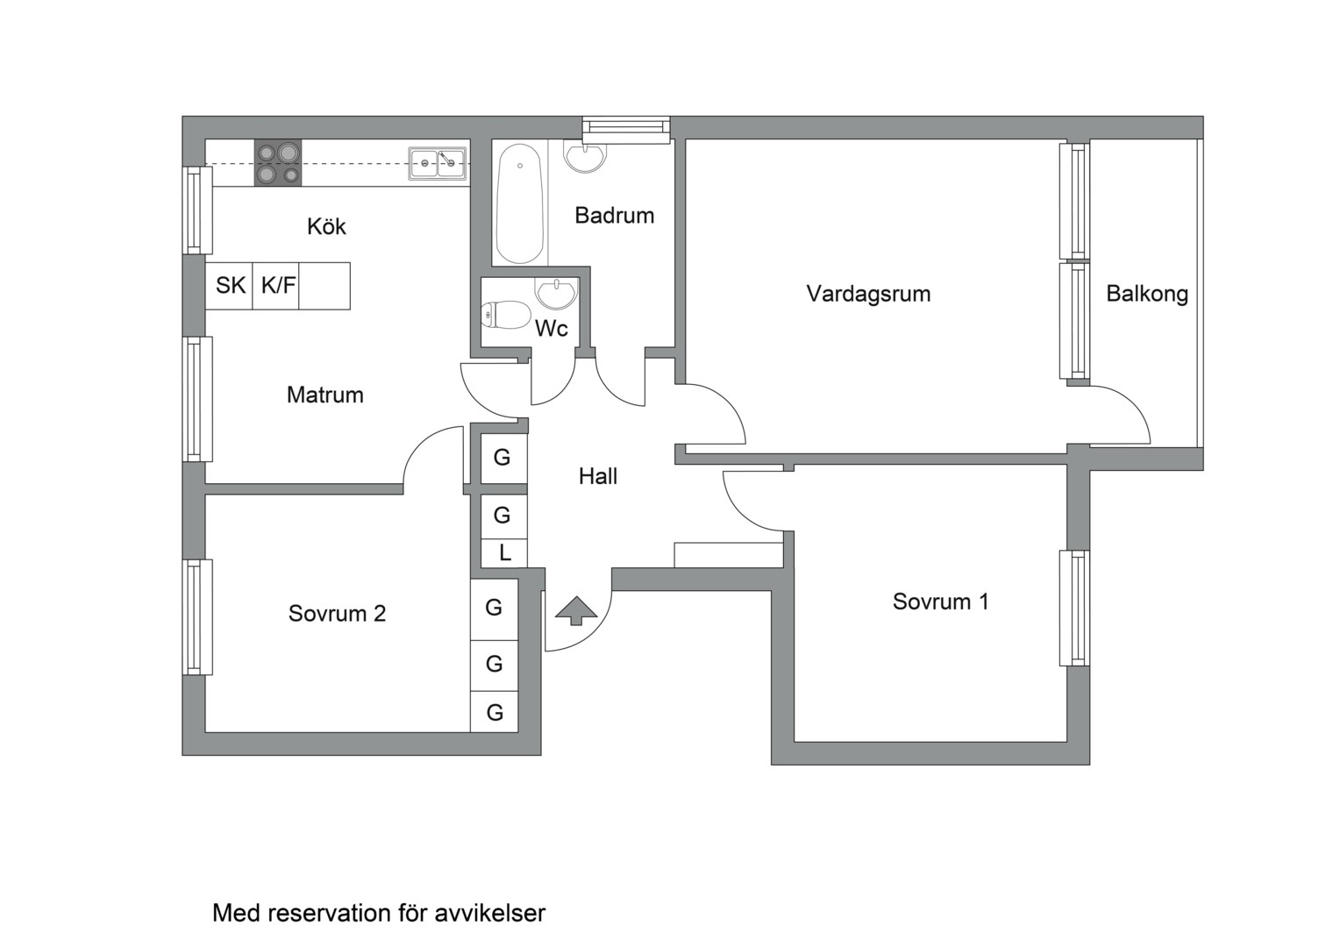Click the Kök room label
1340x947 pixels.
[326, 227]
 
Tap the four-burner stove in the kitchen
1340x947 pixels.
[278, 163]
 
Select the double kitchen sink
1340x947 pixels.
[437, 163]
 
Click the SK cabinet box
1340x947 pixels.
[230, 286]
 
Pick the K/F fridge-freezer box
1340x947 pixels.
[277, 286]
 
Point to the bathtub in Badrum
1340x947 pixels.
[518, 203]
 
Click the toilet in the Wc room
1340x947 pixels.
[507, 315]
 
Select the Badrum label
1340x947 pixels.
[614, 216]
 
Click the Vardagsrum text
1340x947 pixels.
[868, 294]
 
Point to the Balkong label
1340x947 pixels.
[1146, 294]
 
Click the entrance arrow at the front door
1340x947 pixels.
[575, 610]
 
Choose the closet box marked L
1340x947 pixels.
[504, 553]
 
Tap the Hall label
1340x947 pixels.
[597, 476]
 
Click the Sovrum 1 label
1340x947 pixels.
[940, 602]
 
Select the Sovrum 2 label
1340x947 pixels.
[337, 614]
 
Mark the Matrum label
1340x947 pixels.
[324, 395]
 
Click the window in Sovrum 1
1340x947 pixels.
[1074, 608]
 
